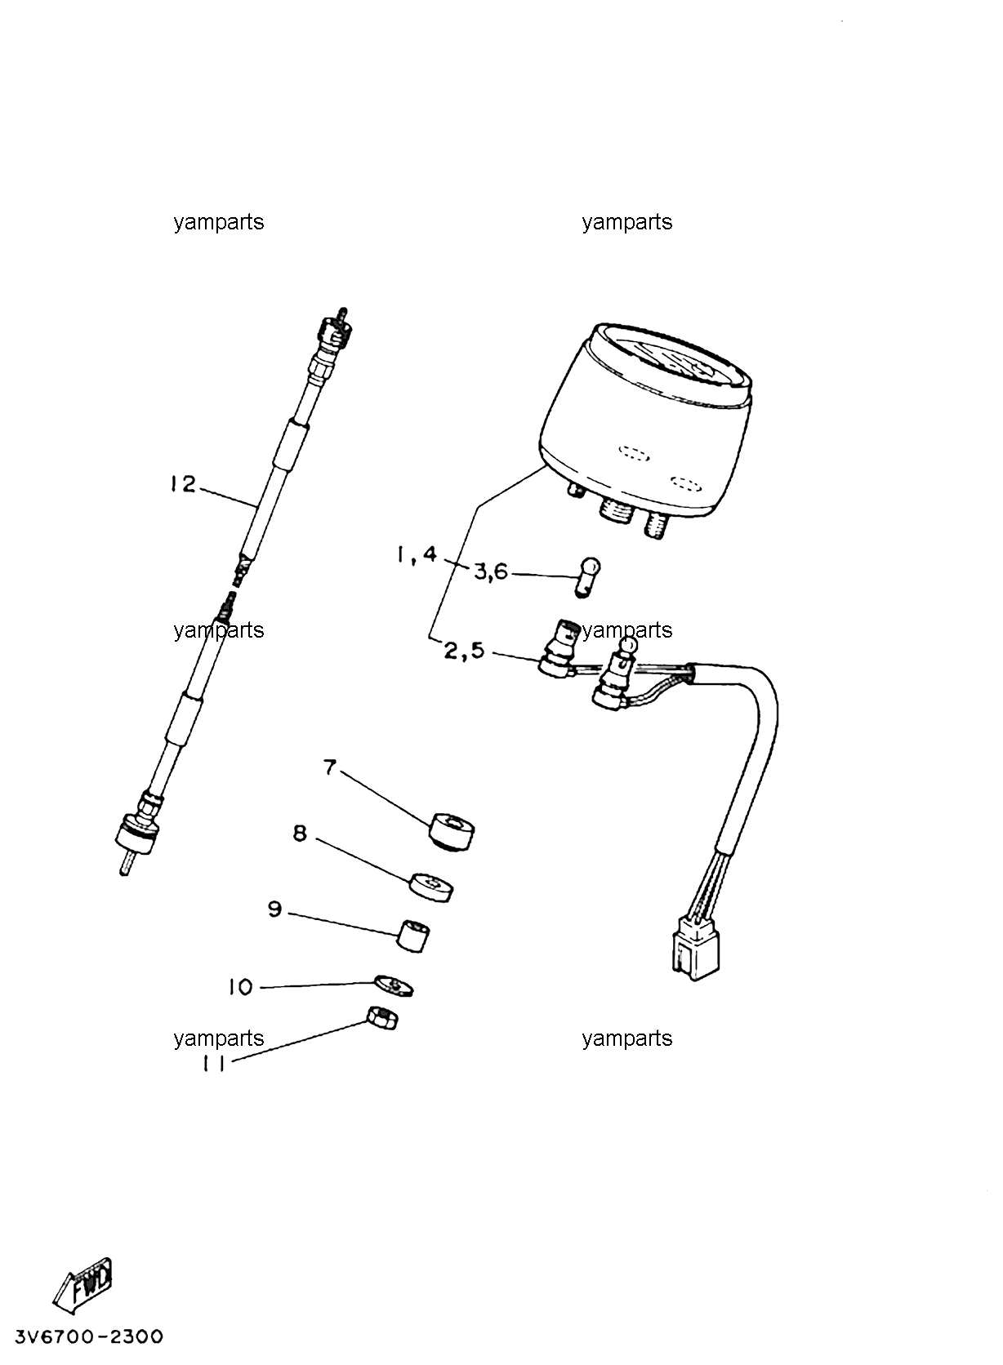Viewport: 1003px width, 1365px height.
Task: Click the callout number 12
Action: [183, 484]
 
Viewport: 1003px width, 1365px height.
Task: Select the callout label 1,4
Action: [417, 555]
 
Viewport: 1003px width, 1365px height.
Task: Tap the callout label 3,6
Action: [491, 572]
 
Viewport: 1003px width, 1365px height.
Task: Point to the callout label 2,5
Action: [464, 651]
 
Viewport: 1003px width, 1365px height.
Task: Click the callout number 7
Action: [330, 767]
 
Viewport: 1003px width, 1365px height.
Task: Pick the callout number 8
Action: [300, 833]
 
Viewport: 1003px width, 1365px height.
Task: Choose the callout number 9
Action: [275, 909]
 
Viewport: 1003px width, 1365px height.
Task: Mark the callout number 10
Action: [241, 986]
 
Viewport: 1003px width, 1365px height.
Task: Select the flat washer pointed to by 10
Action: [394, 985]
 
